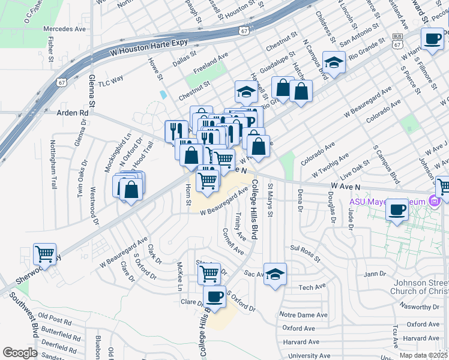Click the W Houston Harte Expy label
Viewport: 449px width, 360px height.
pos(149,47)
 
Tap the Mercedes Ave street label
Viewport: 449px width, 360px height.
pos(65,28)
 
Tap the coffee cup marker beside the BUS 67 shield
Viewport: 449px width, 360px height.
pos(432,39)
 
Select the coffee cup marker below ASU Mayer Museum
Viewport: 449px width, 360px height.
pos(397,210)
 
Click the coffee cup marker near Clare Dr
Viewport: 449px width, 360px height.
pos(214,296)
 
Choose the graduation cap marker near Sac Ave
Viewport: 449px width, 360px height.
pos(275,274)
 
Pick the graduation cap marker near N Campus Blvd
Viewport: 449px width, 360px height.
pos(334,62)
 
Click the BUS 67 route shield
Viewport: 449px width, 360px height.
pos(397,38)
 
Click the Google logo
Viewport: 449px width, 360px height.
pos(20,352)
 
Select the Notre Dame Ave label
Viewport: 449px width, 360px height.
pos(305,315)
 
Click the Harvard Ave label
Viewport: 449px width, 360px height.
pos(301,342)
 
